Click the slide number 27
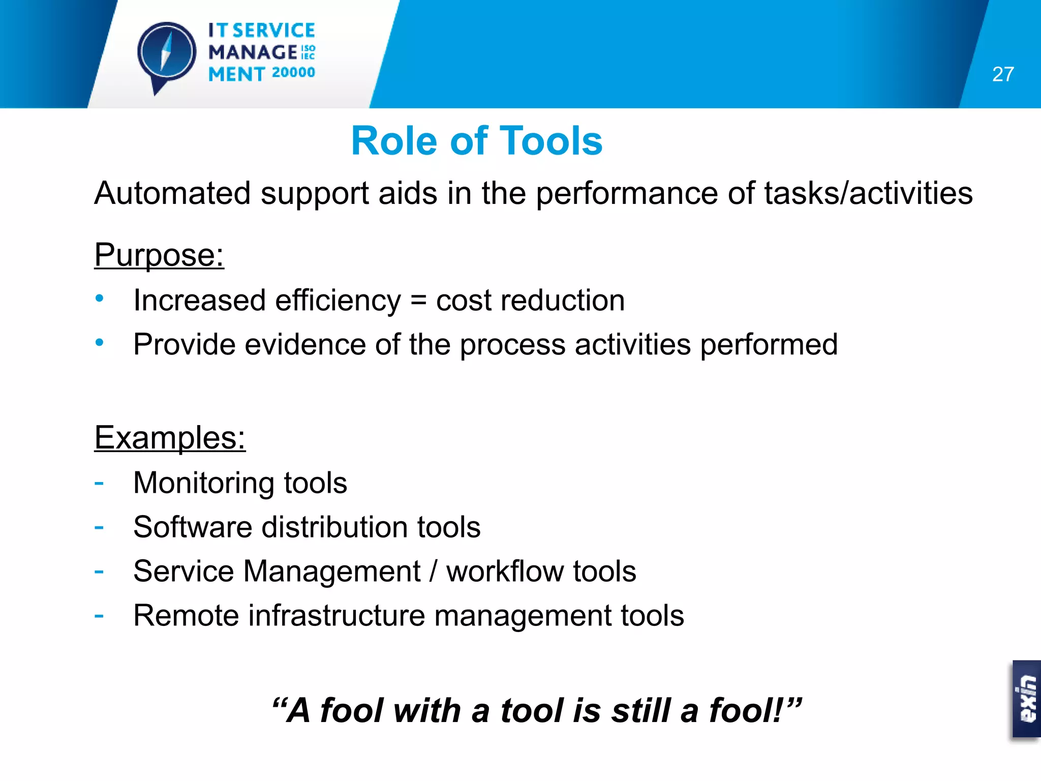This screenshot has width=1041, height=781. [1002, 74]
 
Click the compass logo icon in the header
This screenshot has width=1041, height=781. [167, 53]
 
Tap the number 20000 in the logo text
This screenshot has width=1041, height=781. [293, 73]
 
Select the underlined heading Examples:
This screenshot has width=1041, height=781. [170, 437]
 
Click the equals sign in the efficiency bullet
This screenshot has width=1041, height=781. [418, 300]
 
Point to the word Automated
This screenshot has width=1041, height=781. [172, 193]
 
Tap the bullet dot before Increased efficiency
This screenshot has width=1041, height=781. [100, 298]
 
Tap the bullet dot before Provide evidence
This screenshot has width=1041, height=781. [100, 343]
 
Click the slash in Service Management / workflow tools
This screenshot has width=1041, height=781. [433, 571]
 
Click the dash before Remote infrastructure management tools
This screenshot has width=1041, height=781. [99, 616]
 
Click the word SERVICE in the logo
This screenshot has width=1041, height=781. [274, 31]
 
